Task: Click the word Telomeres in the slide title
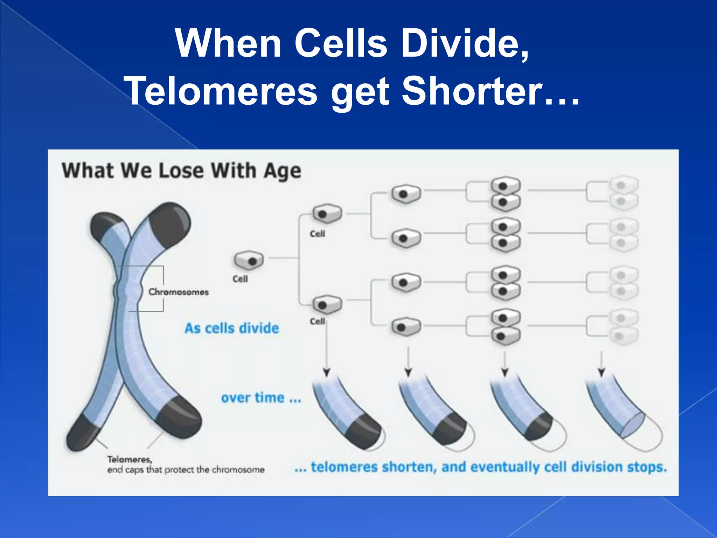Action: [221, 91]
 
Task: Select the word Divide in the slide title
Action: [464, 44]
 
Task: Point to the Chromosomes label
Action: [179, 292]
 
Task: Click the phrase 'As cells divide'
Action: [232, 328]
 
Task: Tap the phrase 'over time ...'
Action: [261, 398]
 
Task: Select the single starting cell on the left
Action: [249, 260]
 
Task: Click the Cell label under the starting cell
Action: [240, 279]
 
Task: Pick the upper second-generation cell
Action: [327, 214]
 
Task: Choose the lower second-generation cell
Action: [327, 305]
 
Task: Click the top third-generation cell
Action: [406, 194]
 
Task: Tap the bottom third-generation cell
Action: [406, 327]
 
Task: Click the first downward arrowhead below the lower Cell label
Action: [326, 372]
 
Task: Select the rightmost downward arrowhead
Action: [601, 372]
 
